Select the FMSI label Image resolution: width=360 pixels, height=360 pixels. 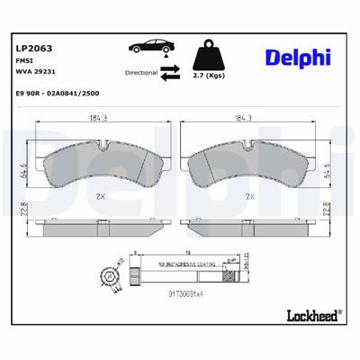pos(25,61)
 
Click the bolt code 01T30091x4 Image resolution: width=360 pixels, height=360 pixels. pos(185,292)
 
